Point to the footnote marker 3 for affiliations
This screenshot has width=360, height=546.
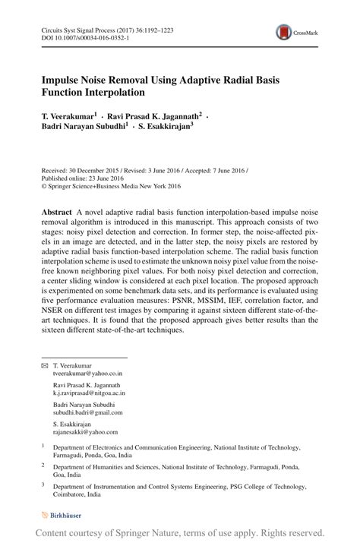(x=43, y=482)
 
